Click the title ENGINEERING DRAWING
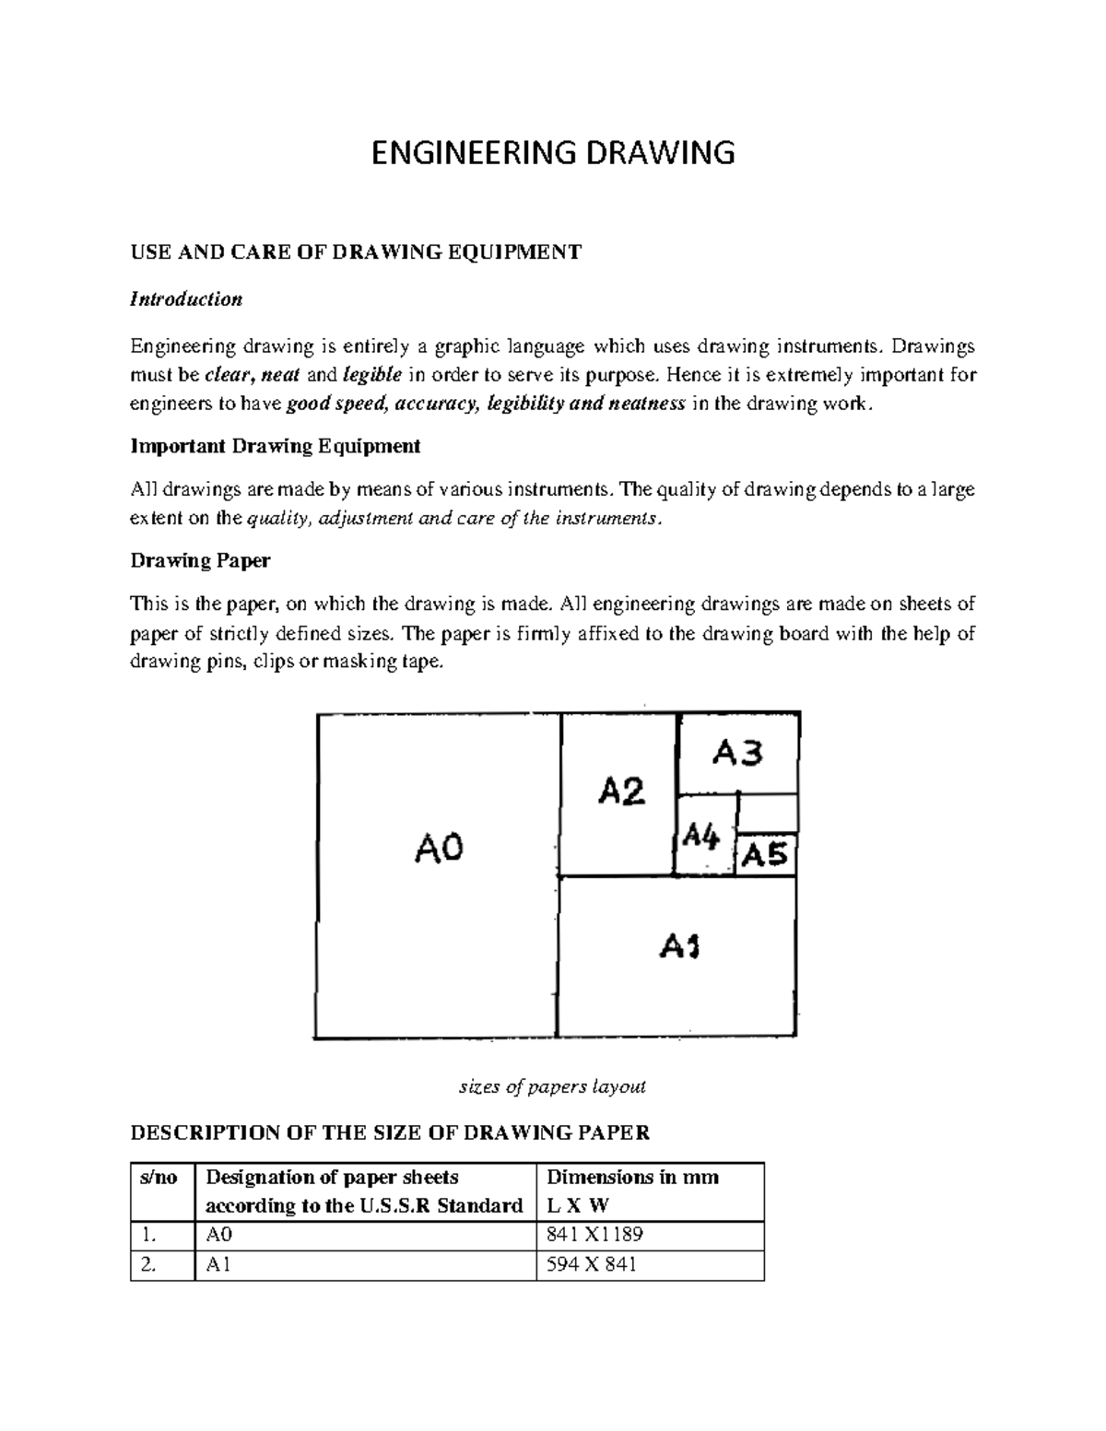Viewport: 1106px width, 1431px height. [x=552, y=152]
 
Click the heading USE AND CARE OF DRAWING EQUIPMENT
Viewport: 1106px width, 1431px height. [x=356, y=252]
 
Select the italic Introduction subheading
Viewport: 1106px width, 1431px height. [x=186, y=299]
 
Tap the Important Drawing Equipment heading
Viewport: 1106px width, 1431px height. [x=276, y=447]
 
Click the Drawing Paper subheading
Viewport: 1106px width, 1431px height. [x=200, y=561]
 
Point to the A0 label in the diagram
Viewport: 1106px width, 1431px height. [x=439, y=848]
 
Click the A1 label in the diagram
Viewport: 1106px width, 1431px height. [x=679, y=946]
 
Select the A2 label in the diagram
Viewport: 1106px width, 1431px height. [x=622, y=791]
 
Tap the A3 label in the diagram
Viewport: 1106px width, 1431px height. [x=737, y=755]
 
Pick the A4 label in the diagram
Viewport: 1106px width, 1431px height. [x=701, y=837]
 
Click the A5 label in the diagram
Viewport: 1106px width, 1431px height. [x=765, y=856]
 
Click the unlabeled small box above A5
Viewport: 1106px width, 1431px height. [x=768, y=814]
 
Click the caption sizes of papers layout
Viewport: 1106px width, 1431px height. [x=552, y=1086]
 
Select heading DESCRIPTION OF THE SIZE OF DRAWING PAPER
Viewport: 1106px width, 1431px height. [x=390, y=1132]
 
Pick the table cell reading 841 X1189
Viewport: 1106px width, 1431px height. [x=594, y=1235]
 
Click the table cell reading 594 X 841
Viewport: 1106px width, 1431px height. [x=592, y=1265]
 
